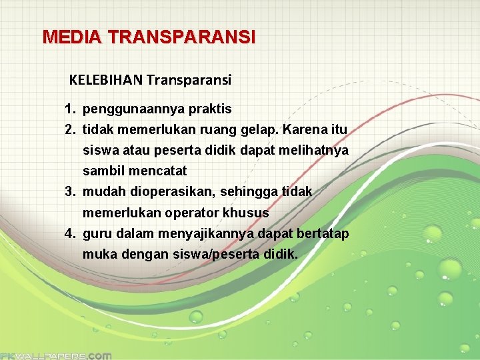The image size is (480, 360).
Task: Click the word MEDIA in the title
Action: click(63, 37)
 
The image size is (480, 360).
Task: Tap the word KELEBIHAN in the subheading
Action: click(105, 81)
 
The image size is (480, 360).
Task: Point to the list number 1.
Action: click(69, 108)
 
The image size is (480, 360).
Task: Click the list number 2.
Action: click(69, 129)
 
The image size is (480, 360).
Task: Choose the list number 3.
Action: click(69, 192)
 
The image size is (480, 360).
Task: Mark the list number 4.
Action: click(69, 234)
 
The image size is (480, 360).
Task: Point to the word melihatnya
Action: click(318, 150)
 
